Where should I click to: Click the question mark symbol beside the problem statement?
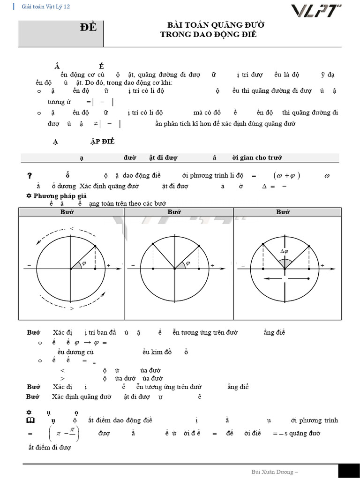click(30, 175)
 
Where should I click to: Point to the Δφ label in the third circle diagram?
click(285, 251)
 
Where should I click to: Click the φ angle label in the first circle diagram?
click(84, 262)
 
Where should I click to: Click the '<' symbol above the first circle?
click(71, 228)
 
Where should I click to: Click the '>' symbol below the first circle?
click(71, 308)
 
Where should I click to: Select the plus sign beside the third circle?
click(322, 266)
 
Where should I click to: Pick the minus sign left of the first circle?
click(29, 266)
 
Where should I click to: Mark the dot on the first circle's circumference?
click(95, 246)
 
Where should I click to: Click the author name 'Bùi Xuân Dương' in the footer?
click(269, 472)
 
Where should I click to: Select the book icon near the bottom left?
click(30, 420)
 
